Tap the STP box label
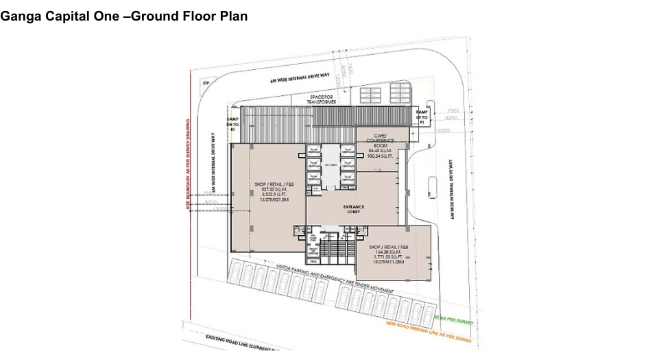pyautogui.click(x=204, y=83)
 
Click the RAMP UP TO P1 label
pyautogui.click(x=422, y=116)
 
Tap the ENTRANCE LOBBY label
pyautogui.click(x=354, y=209)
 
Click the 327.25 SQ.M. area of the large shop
pyautogui.click(x=270, y=189)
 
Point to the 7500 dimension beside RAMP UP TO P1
pyautogui.click(x=452, y=110)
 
